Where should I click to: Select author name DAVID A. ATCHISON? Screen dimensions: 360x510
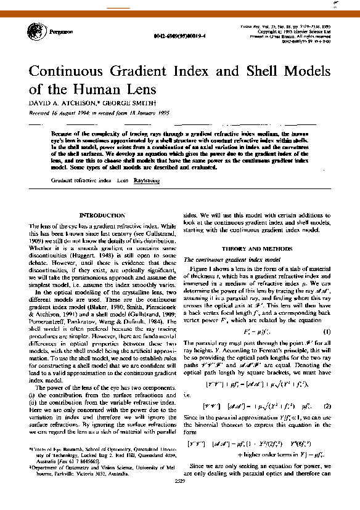pyautogui.click(x=60, y=102)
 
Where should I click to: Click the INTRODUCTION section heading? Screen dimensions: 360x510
pyautogui.click(x=102, y=216)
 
